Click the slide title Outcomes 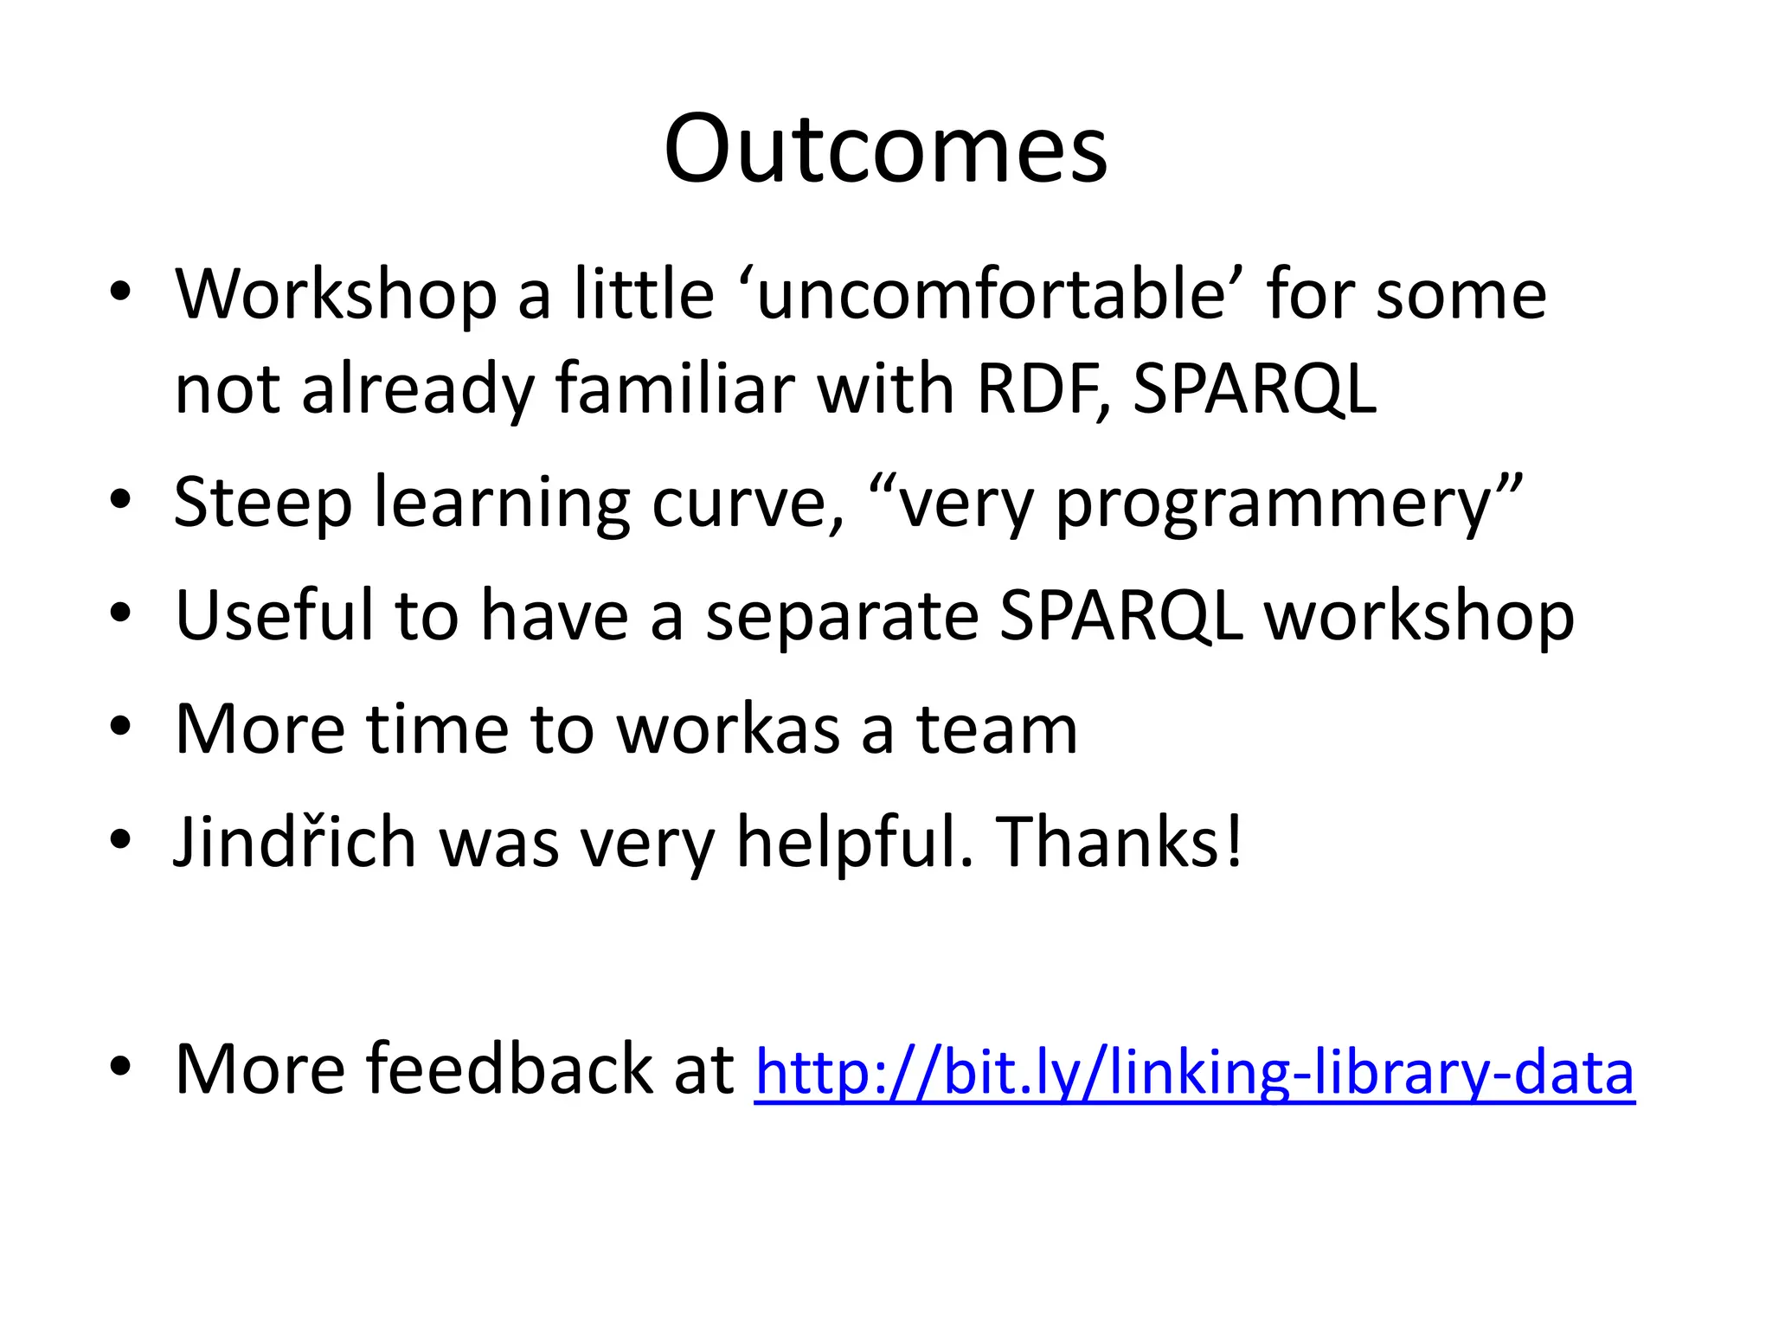(x=885, y=149)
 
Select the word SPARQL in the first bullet (x=1254, y=388)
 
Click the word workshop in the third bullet (x=1419, y=617)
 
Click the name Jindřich (x=295, y=842)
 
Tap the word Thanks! (x=1120, y=842)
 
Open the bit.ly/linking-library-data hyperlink (x=1194, y=1071)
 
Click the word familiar (x=675, y=388)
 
